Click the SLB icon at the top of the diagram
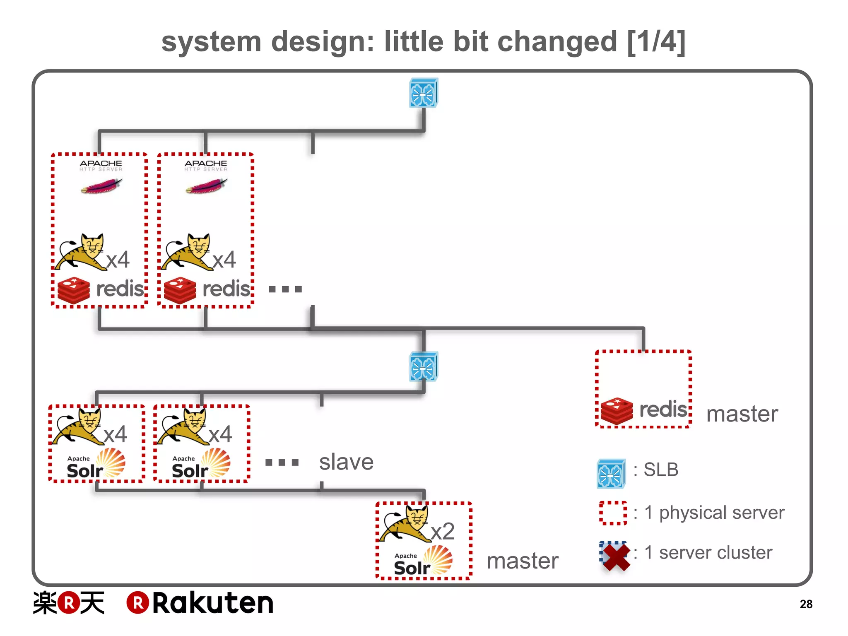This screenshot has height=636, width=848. coord(423,93)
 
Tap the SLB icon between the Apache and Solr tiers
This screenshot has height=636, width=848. coord(423,367)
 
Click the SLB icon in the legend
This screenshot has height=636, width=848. coord(611,474)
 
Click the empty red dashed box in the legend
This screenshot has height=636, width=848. coord(613,513)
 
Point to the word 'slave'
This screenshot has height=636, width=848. coord(346,462)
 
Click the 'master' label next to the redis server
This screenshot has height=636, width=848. coord(742,414)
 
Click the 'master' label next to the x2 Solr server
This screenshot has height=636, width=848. coord(523,561)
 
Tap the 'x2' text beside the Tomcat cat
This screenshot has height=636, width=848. coord(442,531)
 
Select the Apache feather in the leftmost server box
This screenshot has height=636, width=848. coord(101,186)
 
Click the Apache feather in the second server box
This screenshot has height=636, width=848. coord(206,186)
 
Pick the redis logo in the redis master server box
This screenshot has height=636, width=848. coord(644,410)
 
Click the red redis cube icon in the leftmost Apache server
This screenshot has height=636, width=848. coord(74,290)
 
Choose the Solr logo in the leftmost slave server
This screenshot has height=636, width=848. coord(96,464)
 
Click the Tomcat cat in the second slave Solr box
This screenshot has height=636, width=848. coord(182,426)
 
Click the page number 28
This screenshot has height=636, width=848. coord(806,604)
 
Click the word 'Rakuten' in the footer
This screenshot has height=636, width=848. coord(212,603)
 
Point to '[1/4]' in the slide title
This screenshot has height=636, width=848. coord(656,42)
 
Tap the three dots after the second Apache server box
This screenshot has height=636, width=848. coord(285,289)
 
